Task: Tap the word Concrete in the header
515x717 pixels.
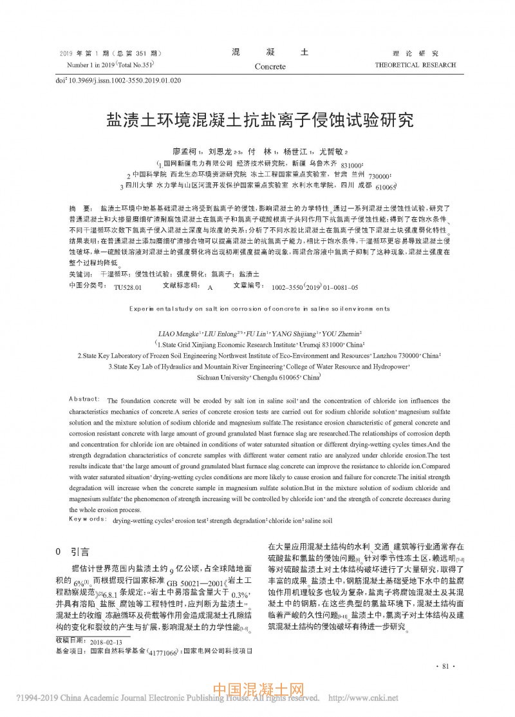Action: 270,66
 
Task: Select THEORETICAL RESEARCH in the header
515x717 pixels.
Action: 415,65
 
